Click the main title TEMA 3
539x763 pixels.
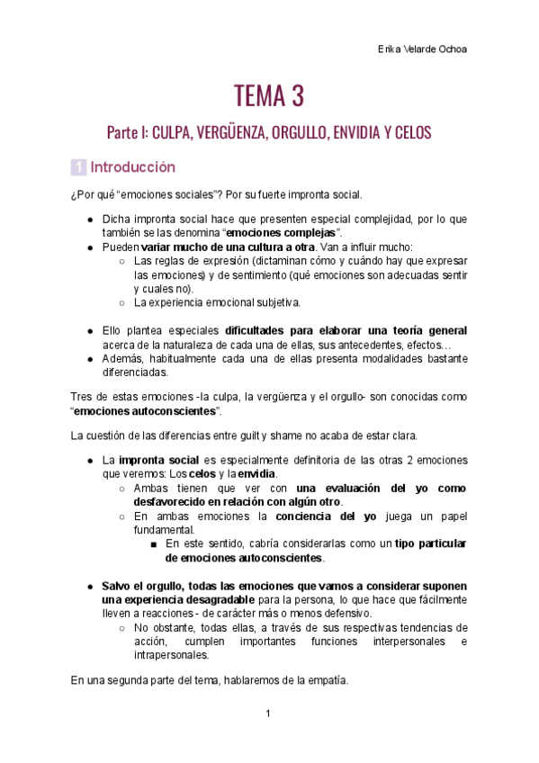269,94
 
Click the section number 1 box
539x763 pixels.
78,167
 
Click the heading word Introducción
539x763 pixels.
133,167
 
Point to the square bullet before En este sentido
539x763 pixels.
155,544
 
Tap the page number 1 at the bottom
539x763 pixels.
268,714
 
